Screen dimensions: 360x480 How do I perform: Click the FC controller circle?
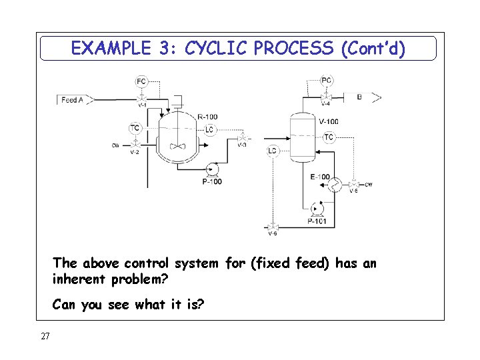[141, 81]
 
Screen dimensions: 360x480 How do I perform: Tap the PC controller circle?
[326, 81]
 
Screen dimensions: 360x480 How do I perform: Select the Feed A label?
[73, 100]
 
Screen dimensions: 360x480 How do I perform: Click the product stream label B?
[360, 97]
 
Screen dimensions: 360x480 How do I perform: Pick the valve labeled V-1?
[141, 98]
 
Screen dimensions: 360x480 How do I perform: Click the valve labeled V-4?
[326, 97]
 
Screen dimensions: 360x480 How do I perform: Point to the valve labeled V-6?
[273, 227]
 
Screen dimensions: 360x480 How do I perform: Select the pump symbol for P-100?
[211, 169]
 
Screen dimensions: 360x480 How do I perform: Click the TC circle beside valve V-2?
[135, 128]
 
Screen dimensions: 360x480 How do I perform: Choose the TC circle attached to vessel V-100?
[329, 137]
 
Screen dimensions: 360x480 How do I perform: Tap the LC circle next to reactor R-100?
[209, 129]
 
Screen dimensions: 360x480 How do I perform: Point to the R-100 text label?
[207, 117]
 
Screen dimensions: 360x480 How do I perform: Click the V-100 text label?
[328, 121]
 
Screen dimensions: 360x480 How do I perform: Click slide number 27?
[45, 337]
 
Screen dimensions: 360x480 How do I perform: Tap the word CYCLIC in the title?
[217, 48]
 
